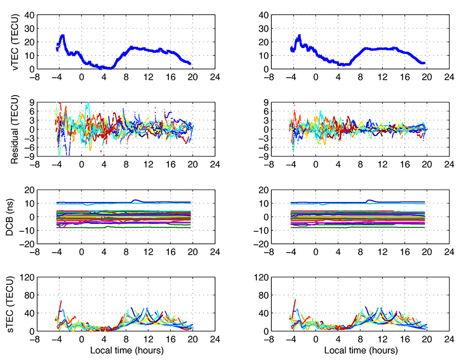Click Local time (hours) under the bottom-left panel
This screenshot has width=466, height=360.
click(126, 350)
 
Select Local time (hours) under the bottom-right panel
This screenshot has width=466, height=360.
click(361, 350)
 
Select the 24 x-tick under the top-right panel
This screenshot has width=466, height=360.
click(449, 77)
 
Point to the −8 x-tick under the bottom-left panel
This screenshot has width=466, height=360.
click(35, 339)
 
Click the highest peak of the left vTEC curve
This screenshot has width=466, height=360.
click(62, 35)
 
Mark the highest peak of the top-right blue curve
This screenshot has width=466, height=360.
click(300, 36)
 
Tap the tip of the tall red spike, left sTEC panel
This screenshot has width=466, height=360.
click(61, 301)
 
